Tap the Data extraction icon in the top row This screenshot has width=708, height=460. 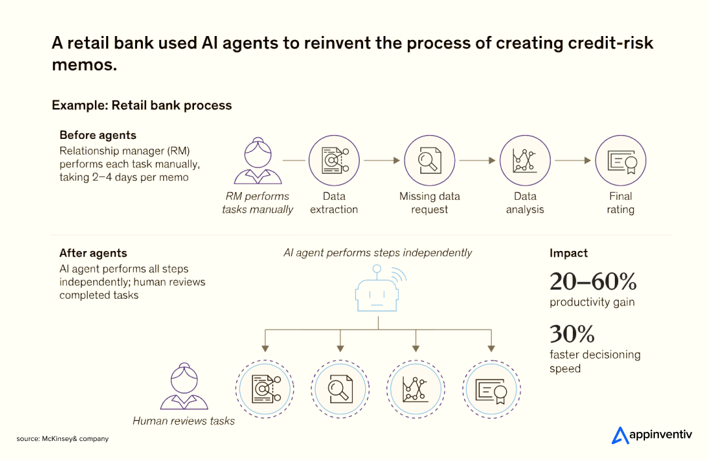[334, 161]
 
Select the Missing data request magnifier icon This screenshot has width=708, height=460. [429, 161]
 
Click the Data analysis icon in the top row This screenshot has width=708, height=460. [525, 161]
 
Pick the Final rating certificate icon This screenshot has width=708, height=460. [620, 161]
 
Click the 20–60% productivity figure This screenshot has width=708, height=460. [593, 282]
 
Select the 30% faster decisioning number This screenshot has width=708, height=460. [572, 334]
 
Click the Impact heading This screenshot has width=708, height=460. [568, 253]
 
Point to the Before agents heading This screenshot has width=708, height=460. [98, 135]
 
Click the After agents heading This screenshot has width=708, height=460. [93, 253]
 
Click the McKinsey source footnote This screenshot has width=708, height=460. [63, 438]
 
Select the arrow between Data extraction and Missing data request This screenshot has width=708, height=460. [382, 160]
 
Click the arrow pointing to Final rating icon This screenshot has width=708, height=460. [572, 160]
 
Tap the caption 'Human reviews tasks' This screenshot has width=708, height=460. [184, 421]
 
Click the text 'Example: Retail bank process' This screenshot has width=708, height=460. [142, 105]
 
